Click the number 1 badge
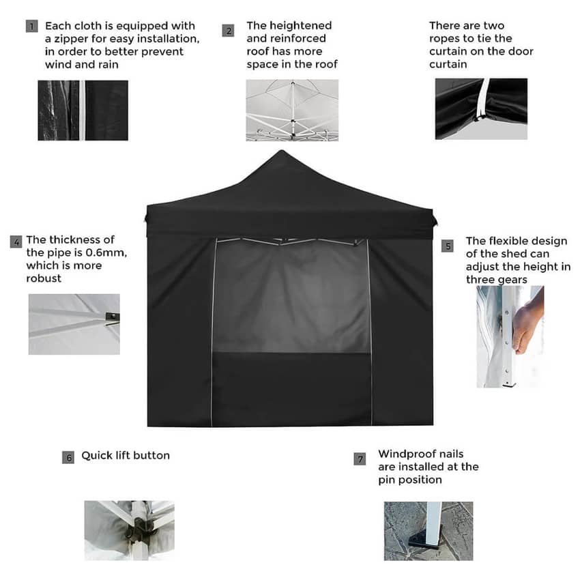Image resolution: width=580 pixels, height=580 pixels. pyautogui.click(x=32, y=26)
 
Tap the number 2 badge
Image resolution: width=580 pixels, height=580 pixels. pyautogui.click(x=228, y=31)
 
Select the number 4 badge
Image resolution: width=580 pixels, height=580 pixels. pyautogui.click(x=16, y=242)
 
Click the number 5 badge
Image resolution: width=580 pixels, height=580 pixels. pyautogui.click(x=448, y=246)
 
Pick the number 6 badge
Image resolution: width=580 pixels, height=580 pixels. pyautogui.click(x=68, y=458)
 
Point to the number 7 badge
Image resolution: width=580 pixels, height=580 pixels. pyautogui.click(x=360, y=459)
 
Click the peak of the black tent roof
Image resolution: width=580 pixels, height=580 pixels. pyautogui.click(x=282, y=151)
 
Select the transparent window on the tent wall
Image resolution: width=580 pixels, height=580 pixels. pyautogui.click(x=292, y=296)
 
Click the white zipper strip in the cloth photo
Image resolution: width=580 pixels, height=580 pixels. pyautogui.click(x=82, y=111)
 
